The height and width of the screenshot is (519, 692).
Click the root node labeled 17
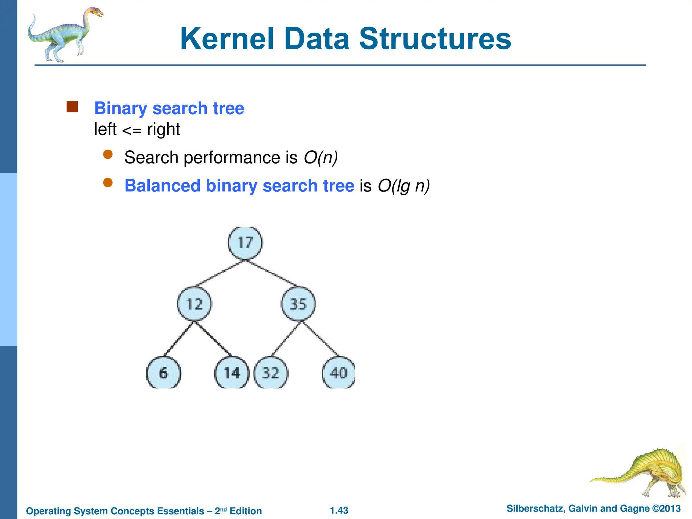245,243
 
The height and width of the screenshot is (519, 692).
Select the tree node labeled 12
194,304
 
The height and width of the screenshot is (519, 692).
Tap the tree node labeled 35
298,304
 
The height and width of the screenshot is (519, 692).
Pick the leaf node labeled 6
164,373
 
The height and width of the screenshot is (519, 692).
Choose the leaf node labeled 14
232,373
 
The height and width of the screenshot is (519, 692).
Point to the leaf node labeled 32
271,373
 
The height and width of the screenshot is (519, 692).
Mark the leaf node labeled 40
339,373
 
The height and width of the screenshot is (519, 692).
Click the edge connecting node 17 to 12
220,273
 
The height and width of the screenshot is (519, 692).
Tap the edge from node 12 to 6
178,339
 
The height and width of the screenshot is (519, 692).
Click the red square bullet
72,107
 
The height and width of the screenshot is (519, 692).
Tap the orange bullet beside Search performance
108,155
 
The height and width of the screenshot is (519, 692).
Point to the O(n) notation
321,157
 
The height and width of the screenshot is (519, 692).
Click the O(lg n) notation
403,186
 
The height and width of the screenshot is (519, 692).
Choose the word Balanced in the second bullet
163,186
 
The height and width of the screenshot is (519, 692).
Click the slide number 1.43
339,510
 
